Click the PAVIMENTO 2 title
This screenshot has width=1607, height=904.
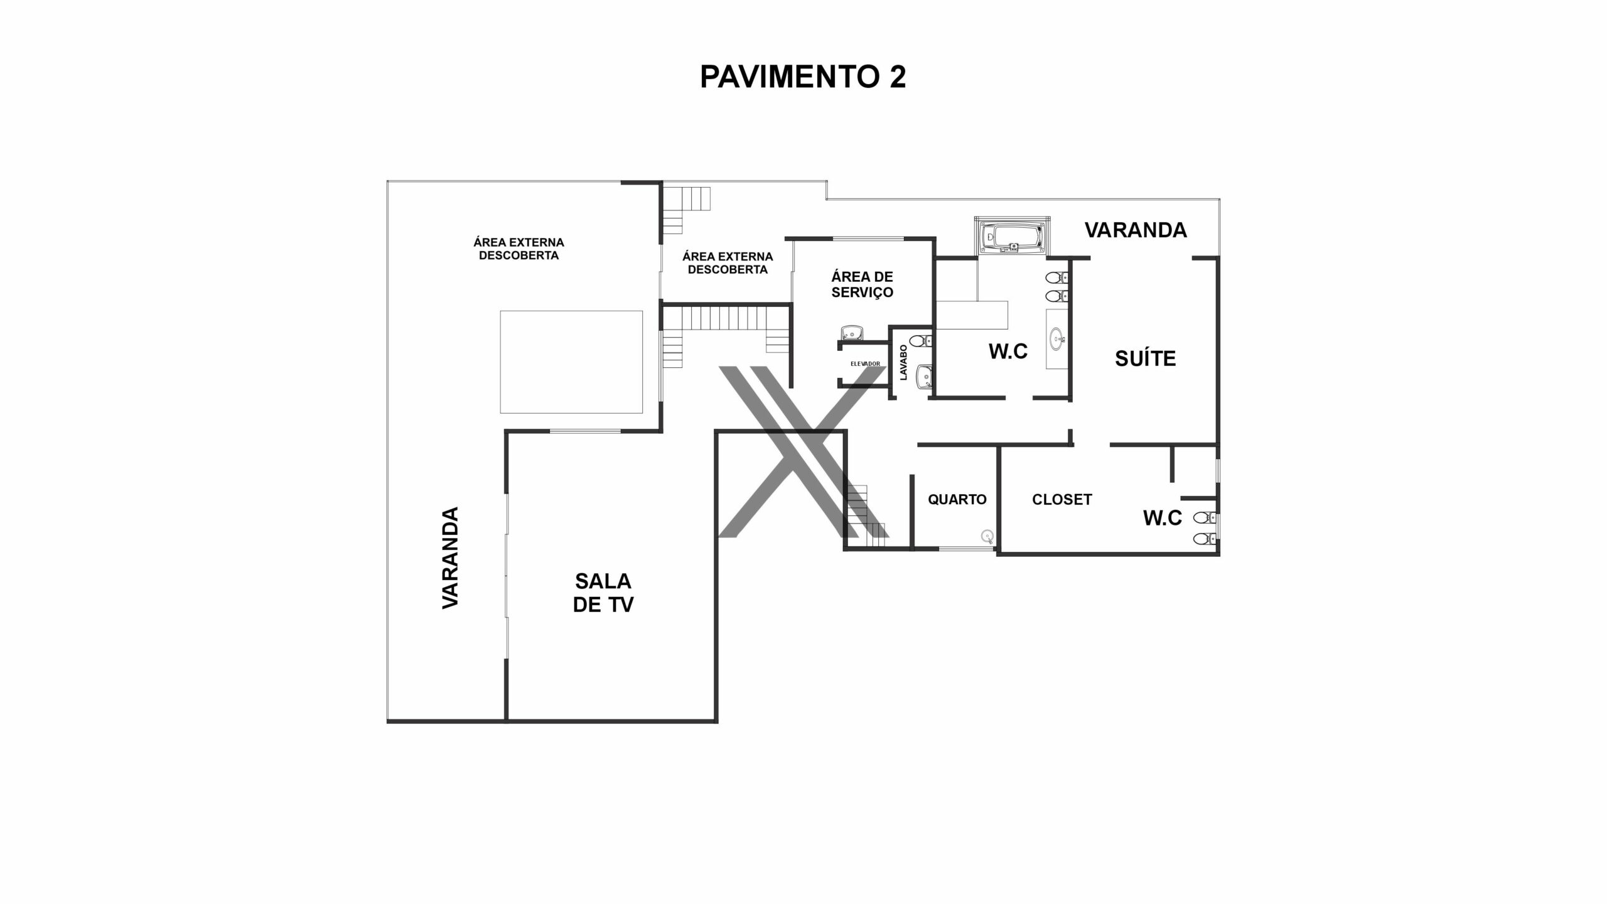point(803,77)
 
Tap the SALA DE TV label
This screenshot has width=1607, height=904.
point(603,592)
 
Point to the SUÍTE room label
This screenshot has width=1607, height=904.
point(1145,358)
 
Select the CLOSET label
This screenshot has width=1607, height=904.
point(1062,499)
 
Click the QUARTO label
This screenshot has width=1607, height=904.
point(957,499)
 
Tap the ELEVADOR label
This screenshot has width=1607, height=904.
point(865,364)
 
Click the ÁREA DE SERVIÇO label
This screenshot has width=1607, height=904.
point(862,284)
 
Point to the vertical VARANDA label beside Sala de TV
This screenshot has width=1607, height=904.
point(450,557)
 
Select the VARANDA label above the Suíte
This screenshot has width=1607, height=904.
point(1136,230)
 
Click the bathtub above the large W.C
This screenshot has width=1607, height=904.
point(1011,237)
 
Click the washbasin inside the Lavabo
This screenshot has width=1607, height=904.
point(923,377)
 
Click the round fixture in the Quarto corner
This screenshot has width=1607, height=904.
point(988,535)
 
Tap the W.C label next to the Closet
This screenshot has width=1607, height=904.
point(1163,518)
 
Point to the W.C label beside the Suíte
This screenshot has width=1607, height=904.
point(1008,352)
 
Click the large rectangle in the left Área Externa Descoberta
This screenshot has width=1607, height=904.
point(571,362)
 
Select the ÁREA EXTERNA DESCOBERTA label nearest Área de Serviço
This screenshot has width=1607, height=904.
point(728,263)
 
